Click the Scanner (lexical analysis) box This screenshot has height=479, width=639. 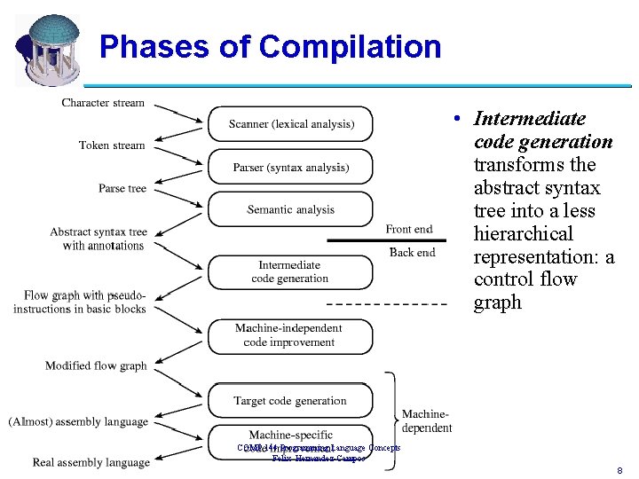click(290, 124)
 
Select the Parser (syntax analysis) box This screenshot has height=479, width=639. click(290, 167)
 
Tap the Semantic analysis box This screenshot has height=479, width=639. click(290, 209)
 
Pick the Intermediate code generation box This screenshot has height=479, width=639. click(290, 271)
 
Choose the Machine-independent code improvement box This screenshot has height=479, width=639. click(290, 335)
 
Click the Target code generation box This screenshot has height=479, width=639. click(290, 401)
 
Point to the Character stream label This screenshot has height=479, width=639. click(103, 103)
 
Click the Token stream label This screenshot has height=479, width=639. click(111, 145)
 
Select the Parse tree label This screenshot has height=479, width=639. click(122, 188)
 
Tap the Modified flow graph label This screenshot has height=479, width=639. click(96, 365)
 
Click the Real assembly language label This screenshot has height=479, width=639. click(91, 462)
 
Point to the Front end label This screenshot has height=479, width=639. click(409, 229)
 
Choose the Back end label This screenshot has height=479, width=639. click(412, 252)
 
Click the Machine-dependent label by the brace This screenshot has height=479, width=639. click(427, 421)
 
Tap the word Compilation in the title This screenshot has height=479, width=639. click(351, 46)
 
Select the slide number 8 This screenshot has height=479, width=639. click(619, 470)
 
